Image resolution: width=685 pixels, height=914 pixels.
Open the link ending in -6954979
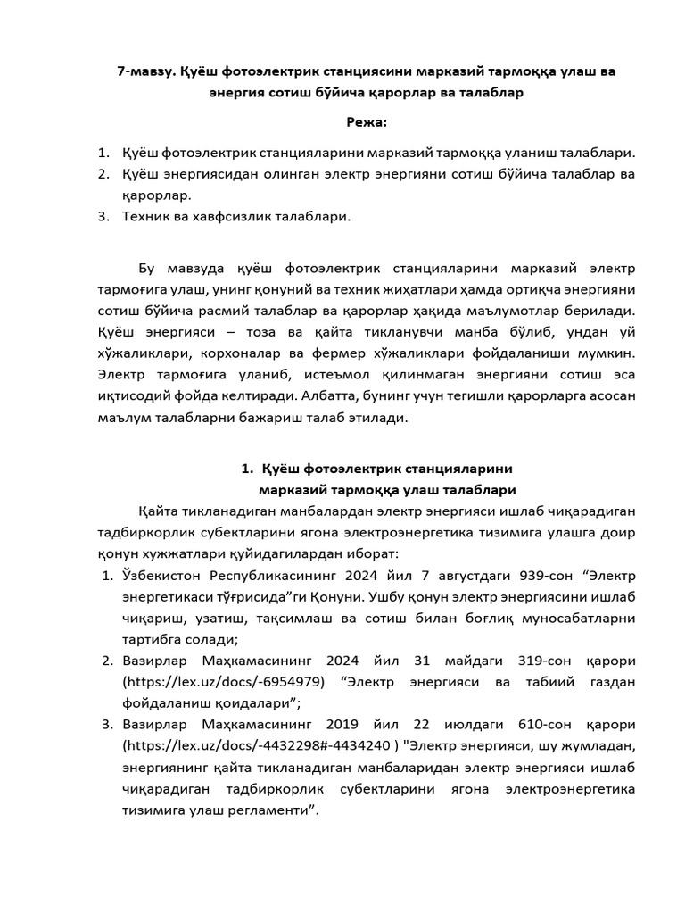point(223,683)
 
